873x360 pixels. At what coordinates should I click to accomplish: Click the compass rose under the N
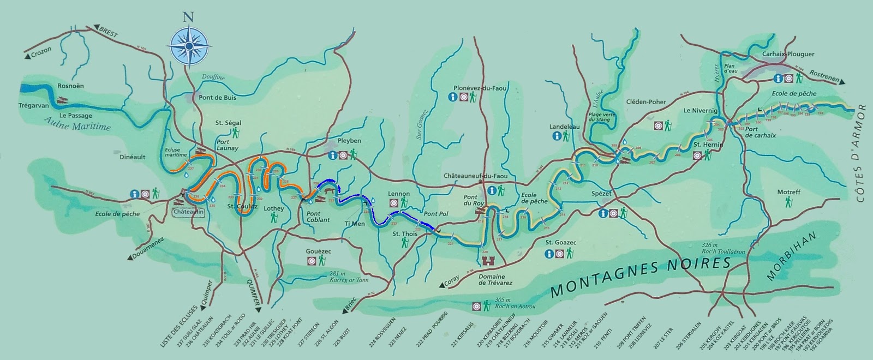tap(188, 45)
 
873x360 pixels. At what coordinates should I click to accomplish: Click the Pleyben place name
tap(349, 141)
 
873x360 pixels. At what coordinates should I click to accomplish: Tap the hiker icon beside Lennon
tap(404, 203)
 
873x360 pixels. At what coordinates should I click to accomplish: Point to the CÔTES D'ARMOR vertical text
tap(862, 158)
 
